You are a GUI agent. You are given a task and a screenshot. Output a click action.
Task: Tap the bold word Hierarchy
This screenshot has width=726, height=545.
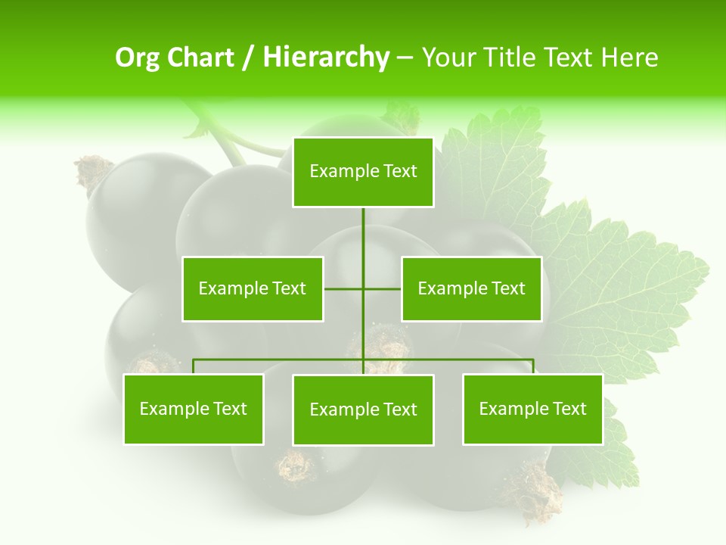[x=325, y=58]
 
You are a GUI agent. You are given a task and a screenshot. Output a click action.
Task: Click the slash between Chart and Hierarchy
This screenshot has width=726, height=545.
[x=248, y=58]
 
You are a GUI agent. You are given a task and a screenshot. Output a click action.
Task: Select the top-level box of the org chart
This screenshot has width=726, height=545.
[x=363, y=172]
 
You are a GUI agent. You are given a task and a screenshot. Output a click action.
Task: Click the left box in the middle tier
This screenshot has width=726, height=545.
[x=253, y=288]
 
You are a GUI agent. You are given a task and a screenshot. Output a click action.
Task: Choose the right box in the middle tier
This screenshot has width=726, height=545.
[x=471, y=288]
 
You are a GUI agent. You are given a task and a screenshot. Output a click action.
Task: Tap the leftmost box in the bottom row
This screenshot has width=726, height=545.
[x=194, y=409]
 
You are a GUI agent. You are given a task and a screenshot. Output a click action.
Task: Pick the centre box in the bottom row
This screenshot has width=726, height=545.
[x=363, y=410]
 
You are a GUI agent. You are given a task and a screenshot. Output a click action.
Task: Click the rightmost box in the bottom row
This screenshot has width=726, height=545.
[x=532, y=409]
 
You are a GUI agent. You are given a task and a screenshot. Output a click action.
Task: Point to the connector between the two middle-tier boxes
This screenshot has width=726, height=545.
[x=344, y=288]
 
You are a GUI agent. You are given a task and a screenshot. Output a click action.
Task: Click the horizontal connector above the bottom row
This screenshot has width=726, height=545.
[x=280, y=360]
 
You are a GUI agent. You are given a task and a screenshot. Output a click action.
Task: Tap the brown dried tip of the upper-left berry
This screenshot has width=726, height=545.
[x=94, y=171]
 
